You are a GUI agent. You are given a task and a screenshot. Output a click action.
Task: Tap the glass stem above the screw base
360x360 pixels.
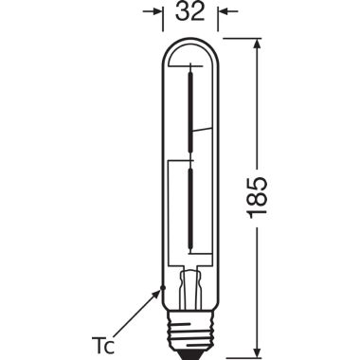tap(193, 284)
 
